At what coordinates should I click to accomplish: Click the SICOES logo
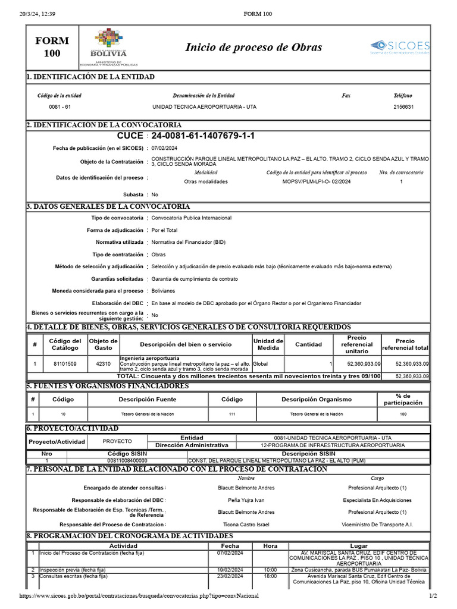coord(399,47)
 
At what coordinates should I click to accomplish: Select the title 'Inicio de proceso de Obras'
coord(253,48)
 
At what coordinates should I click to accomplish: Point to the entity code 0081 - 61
coord(60,107)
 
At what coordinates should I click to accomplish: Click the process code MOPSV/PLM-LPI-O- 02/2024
coord(317,182)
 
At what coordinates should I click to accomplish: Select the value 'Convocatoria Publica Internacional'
coord(192,218)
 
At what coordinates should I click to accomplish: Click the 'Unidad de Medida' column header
coord(268,344)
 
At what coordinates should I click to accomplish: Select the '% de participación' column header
coord(403,400)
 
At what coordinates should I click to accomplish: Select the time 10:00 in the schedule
coord(270,570)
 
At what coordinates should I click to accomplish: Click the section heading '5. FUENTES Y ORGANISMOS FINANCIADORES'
coord(107,387)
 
